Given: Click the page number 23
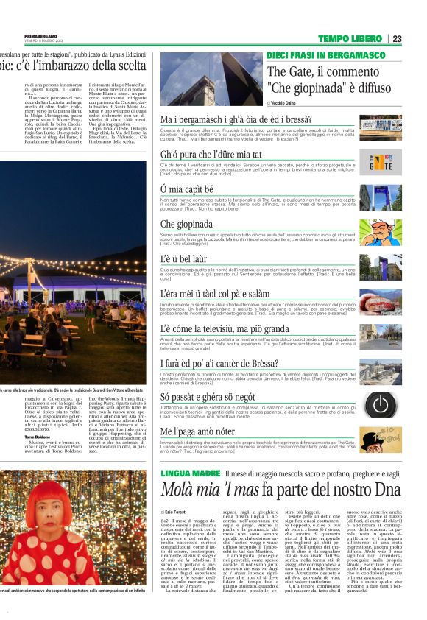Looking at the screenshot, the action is [397, 38].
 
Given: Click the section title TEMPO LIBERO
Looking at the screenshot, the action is [350, 38].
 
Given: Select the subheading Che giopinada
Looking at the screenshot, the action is [187, 224].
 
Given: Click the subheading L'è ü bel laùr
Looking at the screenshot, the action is [186, 259].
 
